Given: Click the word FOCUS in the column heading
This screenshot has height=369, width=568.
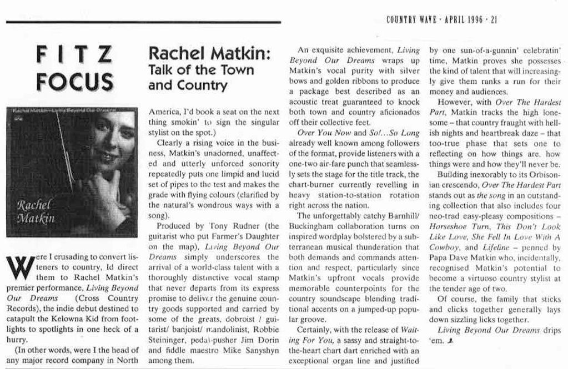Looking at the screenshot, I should (74, 82).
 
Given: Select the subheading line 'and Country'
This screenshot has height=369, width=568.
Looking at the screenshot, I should (188, 85).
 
